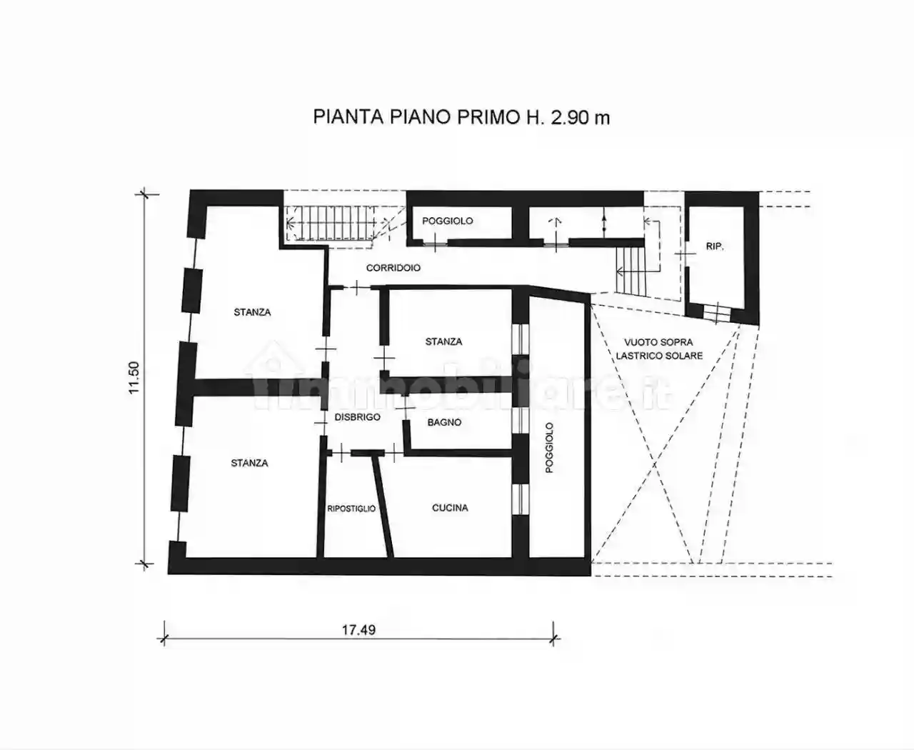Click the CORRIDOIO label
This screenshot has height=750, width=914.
pos(393,268)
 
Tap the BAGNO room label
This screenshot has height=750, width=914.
pos(444,422)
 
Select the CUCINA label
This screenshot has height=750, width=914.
pos(450,508)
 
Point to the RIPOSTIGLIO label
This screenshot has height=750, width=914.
pos(351,509)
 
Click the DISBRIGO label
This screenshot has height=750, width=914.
pos(358,417)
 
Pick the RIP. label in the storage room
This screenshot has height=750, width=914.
pos(715,246)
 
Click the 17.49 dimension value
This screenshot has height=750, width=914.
pos(359,629)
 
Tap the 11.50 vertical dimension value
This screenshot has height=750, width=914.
pos(134,377)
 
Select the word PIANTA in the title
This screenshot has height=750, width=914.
pos(348,117)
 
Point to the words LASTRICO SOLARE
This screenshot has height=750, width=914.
pos(659,356)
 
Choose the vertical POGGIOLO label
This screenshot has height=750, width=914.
pos(549,448)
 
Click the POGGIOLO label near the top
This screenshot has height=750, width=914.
pos(447,221)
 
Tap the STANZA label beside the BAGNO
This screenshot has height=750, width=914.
pos(443,341)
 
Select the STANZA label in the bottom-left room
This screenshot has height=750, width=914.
pos(249,463)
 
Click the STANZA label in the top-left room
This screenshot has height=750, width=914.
pos(252,312)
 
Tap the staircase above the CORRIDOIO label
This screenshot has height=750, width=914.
pos(330,224)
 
